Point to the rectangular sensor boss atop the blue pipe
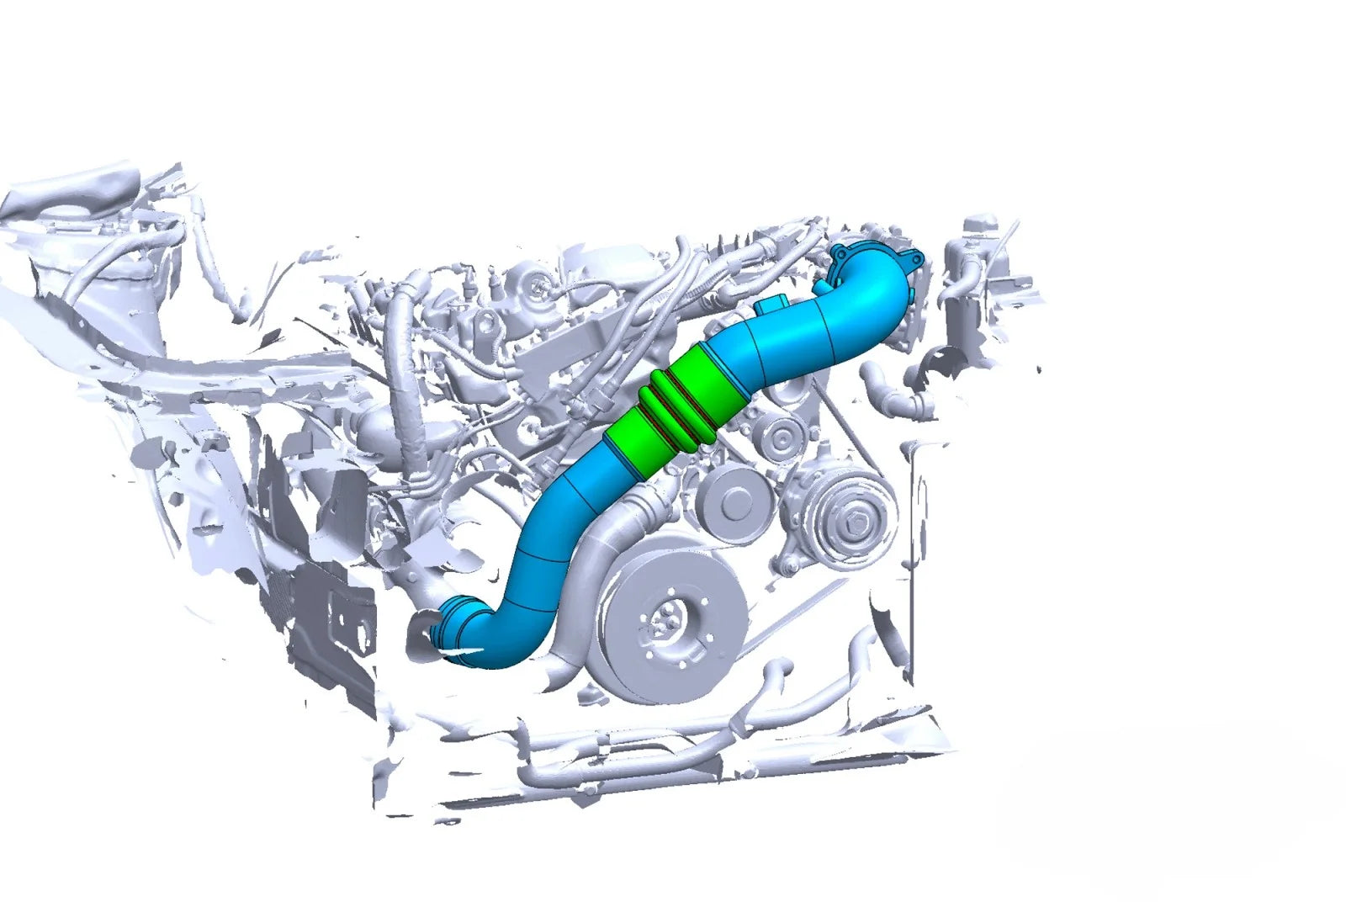coord(775,304)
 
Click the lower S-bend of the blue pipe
coord(526,589)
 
